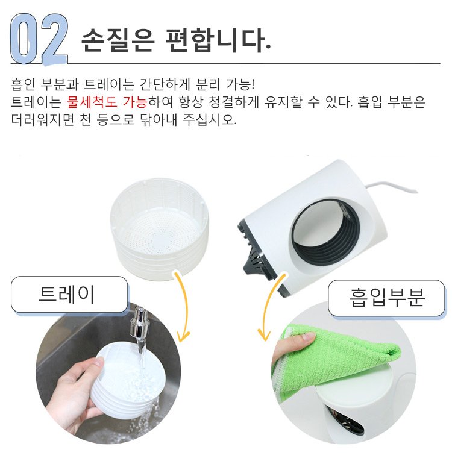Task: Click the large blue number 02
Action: click(39, 39)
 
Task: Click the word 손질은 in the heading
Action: click(118, 40)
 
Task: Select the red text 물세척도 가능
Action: click(107, 102)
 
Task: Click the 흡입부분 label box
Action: click(386, 298)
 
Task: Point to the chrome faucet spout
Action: click(140, 324)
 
